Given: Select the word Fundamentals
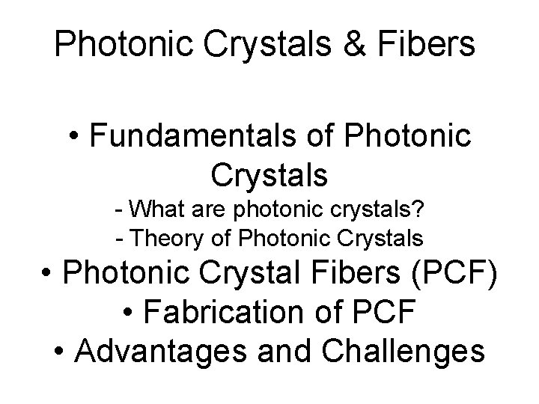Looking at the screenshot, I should coord(216,138).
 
